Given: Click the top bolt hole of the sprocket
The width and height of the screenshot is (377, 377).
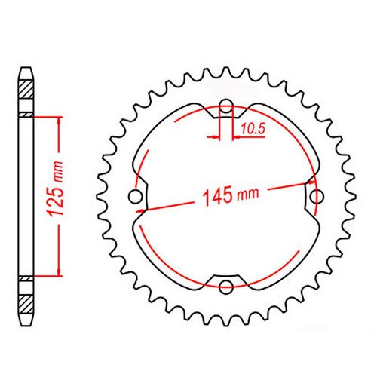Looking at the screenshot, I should click(x=224, y=106).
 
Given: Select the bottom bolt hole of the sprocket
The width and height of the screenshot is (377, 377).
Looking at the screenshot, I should click(x=224, y=287).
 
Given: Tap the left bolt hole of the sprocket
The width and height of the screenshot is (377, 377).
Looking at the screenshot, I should click(x=136, y=197).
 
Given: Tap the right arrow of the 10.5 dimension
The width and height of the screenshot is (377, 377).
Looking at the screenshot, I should click(x=232, y=137).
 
